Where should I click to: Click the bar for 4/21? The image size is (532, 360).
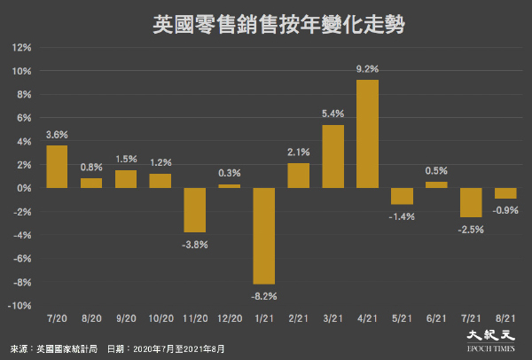click(x=367, y=134)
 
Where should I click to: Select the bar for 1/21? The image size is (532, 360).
click(x=264, y=236)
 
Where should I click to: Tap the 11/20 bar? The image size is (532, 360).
click(x=195, y=210)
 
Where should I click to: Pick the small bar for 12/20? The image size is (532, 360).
click(x=230, y=186)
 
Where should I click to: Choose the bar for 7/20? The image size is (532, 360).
click(x=57, y=167)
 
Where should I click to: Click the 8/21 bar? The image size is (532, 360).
click(x=505, y=193)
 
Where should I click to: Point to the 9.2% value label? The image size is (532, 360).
click(x=367, y=69)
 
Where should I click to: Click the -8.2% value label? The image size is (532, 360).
click(x=264, y=296)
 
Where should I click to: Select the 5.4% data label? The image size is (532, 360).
click(x=332, y=113)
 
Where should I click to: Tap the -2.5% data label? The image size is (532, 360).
click(x=471, y=230)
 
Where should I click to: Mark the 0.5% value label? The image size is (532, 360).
click(x=436, y=170)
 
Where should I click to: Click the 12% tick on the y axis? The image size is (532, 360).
click(x=21, y=48)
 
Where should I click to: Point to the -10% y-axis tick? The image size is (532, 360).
click(x=20, y=306)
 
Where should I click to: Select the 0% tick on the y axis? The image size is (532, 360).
click(x=24, y=188)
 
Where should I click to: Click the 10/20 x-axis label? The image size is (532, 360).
click(x=160, y=318)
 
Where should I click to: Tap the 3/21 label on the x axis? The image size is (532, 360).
click(x=332, y=318)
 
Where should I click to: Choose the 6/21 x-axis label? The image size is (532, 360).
click(x=436, y=318)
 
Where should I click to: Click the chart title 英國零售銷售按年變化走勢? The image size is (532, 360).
click(x=278, y=25)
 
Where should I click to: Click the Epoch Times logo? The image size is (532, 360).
click(x=491, y=340)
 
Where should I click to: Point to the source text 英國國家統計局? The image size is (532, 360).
click(x=66, y=348)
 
